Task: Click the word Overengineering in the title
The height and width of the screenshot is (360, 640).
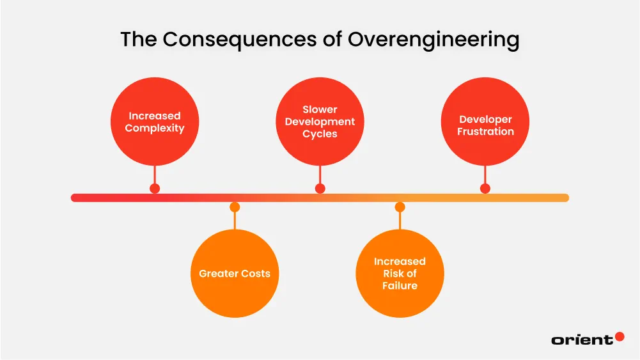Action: click(x=433, y=40)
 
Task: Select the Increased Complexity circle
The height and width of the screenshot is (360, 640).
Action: click(x=155, y=121)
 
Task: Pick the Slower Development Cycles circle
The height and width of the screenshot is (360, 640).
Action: click(x=320, y=121)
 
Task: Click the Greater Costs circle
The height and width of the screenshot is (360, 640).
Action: click(x=235, y=274)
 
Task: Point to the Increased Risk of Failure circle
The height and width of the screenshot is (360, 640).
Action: click(x=400, y=274)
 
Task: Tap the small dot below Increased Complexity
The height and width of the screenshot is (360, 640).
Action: click(x=155, y=189)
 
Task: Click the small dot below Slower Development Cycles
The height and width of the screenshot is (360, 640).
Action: click(x=320, y=189)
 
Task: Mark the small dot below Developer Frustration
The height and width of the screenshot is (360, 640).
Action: click(x=485, y=189)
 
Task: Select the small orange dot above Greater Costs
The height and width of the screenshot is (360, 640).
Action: click(x=235, y=207)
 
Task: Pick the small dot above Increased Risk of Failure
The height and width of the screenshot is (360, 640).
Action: click(x=400, y=207)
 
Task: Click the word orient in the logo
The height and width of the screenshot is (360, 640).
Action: click(x=581, y=340)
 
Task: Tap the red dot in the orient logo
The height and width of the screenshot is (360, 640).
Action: click(x=619, y=336)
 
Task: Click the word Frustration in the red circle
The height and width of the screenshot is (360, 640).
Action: click(x=485, y=132)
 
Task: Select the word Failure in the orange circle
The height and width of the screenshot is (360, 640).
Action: click(x=400, y=286)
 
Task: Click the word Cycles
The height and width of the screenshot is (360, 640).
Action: click(x=320, y=134)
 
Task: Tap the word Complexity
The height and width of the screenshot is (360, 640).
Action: click(x=155, y=129)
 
